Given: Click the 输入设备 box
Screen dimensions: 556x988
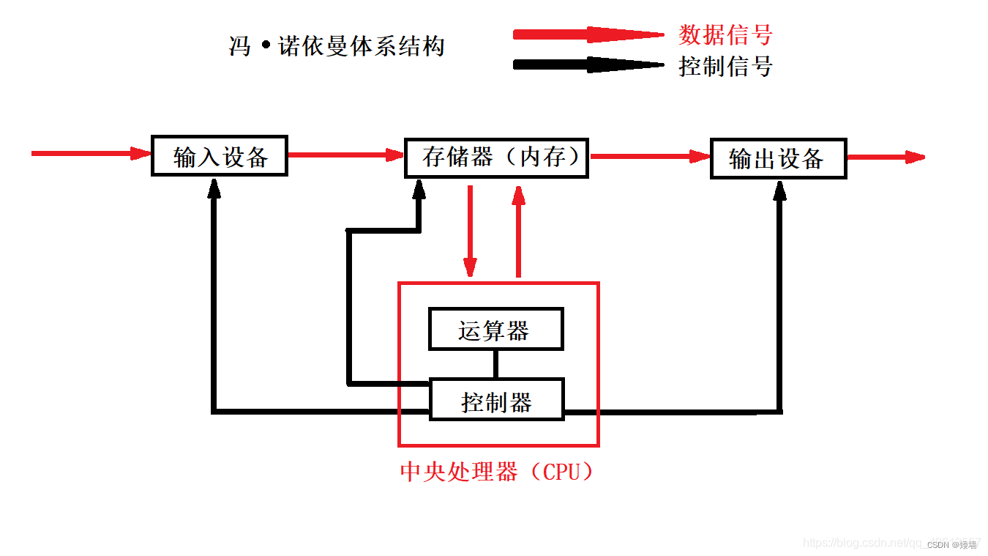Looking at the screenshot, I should coord(219,155).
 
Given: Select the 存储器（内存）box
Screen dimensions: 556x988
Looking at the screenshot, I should coord(496,157).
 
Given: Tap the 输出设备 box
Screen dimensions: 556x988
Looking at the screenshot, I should coord(778,158).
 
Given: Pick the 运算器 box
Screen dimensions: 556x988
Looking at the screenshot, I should coord(495,329).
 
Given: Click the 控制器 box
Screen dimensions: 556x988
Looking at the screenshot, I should coord(496,399).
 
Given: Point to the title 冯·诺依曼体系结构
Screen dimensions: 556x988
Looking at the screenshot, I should coord(337,47).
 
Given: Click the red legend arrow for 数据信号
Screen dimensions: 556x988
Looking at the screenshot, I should coord(585,34).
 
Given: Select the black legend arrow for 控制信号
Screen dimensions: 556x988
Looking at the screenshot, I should coord(585,64).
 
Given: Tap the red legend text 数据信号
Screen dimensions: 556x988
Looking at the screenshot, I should coord(725,34).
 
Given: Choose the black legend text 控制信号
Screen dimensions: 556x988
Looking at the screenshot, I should coord(725,67).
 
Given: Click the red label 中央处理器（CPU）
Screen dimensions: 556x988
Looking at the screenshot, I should coord(498,471).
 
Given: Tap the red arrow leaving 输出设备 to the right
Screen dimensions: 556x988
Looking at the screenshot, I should coord(886,157).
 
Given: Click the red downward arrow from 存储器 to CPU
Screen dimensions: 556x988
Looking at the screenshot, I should coord(470,231).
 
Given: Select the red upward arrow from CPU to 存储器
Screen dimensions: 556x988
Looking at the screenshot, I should coord(519,231).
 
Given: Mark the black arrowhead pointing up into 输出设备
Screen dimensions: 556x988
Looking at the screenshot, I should coord(780,190).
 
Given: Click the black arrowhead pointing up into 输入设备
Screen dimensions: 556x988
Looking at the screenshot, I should coord(214,189).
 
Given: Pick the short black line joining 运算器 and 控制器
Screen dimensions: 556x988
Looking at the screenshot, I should coord(495,363).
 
